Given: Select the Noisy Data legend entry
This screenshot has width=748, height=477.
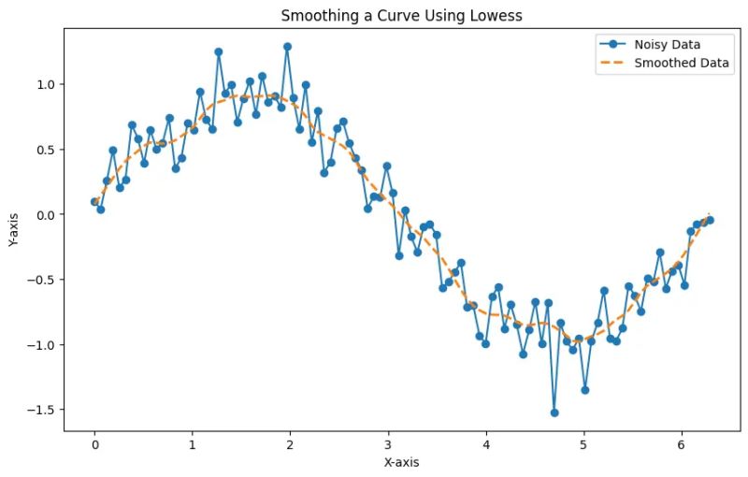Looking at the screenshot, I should pyautogui.click(x=667, y=44).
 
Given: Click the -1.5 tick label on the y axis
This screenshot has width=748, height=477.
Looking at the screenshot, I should pyautogui.click(x=43, y=410).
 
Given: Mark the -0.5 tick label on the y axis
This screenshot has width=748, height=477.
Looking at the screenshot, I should pyautogui.click(x=43, y=280).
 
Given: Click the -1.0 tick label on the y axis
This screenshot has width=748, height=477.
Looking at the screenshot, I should pyautogui.click(x=43, y=345).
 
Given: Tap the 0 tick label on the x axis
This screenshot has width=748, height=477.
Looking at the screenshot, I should pyautogui.click(x=94, y=445).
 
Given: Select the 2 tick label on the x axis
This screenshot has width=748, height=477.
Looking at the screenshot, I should pyautogui.click(x=290, y=445).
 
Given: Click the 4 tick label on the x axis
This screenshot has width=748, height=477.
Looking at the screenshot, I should pyautogui.click(x=486, y=445).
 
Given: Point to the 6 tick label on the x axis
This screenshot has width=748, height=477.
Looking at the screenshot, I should pyautogui.click(x=682, y=445).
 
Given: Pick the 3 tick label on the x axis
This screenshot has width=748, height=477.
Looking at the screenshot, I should pyautogui.click(x=388, y=445).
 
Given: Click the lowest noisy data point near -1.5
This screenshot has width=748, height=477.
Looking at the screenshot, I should pyautogui.click(x=554, y=412).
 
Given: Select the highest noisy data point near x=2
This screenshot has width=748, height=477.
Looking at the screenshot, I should pyautogui.click(x=287, y=46).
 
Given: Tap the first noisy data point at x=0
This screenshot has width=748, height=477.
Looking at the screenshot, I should pyautogui.click(x=94, y=201).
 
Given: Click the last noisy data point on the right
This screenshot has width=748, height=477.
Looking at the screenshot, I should pyautogui.click(x=711, y=220).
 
